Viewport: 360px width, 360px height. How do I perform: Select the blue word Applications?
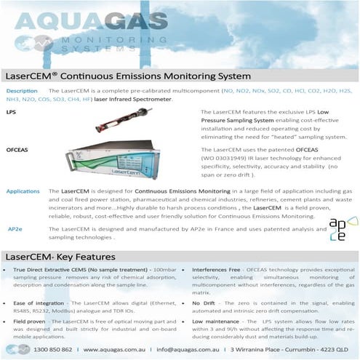tap(23, 191)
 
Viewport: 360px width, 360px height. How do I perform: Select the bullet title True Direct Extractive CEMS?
tap(57, 270)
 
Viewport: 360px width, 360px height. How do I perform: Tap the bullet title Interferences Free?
tap(218, 270)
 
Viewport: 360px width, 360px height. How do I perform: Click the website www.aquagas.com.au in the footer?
tap(116, 349)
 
